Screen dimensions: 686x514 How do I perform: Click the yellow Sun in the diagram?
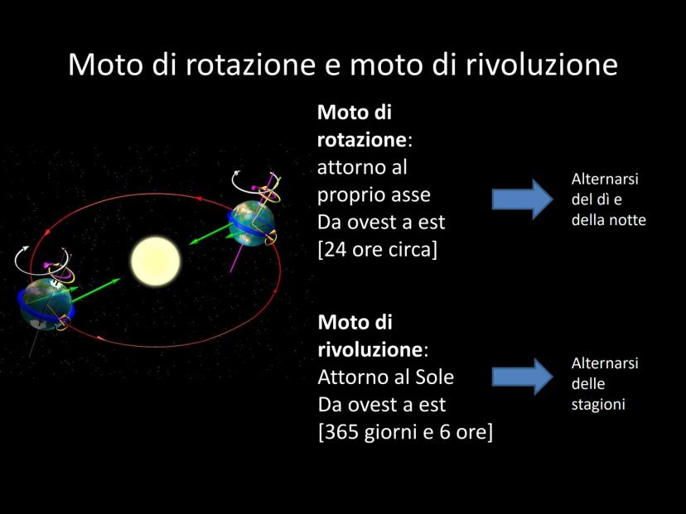(x=155, y=262)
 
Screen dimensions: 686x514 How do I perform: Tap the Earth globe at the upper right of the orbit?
(x=251, y=223)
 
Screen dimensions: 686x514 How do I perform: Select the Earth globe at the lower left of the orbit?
(x=46, y=304)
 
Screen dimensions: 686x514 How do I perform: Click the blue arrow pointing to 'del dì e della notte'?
(x=523, y=199)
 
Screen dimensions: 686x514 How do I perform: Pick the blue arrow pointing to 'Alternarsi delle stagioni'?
(x=523, y=377)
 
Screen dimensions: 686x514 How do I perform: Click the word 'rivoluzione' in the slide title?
(x=541, y=65)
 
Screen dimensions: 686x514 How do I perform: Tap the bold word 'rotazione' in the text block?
(x=362, y=140)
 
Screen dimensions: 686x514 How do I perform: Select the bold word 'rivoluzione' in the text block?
(x=370, y=349)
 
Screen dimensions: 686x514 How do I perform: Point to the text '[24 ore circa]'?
(x=377, y=250)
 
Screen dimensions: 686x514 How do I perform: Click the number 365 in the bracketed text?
(x=341, y=432)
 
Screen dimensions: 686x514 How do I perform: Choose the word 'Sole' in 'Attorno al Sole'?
(x=434, y=377)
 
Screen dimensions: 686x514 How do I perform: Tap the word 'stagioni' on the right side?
(x=598, y=405)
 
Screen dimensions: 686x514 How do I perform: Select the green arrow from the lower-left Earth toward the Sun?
(x=95, y=291)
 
